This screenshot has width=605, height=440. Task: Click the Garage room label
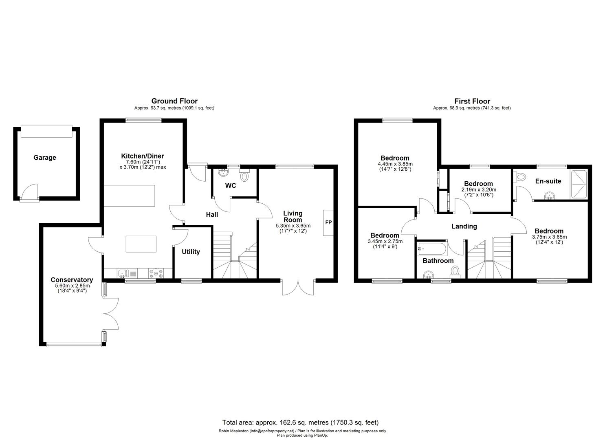tap(44, 158)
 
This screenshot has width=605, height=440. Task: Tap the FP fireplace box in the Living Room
tap(328, 222)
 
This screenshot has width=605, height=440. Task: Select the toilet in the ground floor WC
tap(244, 176)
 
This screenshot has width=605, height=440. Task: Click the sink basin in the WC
tap(223, 173)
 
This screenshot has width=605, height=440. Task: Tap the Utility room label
tap(191, 252)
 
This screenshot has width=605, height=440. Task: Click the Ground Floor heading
tap(174, 101)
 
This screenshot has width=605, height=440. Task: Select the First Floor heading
tap(472, 101)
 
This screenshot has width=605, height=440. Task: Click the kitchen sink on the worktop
tap(124, 273)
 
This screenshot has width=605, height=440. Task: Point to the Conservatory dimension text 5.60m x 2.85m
tap(72, 286)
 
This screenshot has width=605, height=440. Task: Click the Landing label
tap(464, 226)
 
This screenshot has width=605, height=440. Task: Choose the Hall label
tap(211, 214)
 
